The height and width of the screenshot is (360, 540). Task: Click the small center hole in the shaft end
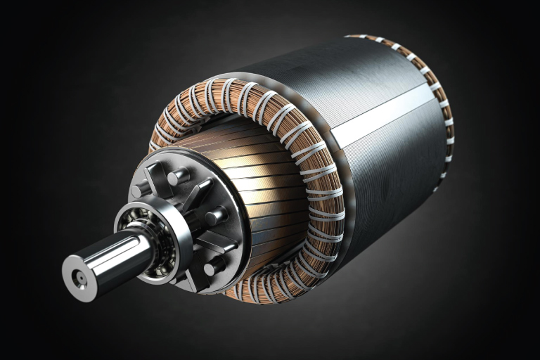tap(79, 279)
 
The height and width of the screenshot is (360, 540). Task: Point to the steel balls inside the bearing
tap(164, 239)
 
